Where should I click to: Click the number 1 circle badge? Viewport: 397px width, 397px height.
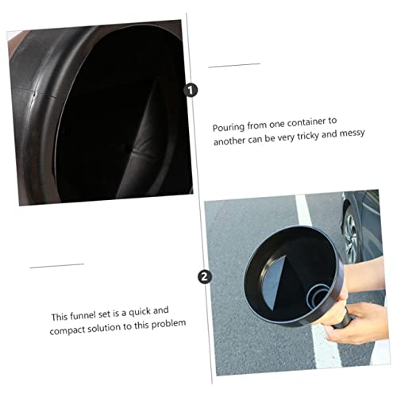[191, 91]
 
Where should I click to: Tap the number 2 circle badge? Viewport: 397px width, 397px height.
[205, 277]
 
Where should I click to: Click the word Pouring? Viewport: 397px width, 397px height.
[227, 127]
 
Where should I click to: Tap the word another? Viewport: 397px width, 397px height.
[230, 141]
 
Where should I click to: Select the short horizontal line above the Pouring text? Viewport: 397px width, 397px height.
[233, 64]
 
